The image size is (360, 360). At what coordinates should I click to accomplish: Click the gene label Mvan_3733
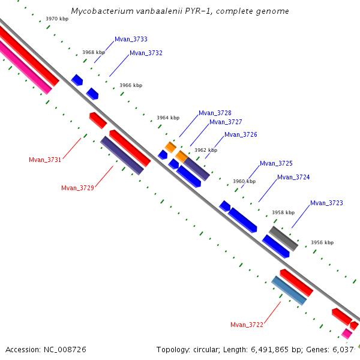pos(131,39)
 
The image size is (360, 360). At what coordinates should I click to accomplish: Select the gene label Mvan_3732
pos(146,53)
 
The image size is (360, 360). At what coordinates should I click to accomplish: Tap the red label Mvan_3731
pos(45,160)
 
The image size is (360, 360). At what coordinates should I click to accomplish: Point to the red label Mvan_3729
pos(77,188)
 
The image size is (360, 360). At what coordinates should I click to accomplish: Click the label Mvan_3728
pos(215,113)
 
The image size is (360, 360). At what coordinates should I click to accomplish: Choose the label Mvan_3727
pos(226,122)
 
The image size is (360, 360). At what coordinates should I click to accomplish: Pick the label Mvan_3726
pos(241,134)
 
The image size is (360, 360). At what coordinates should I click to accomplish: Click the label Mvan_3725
pos(276,163)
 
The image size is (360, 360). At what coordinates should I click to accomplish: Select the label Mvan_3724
pos(293,177)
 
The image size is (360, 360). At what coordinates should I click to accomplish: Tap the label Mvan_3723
pos(326,203)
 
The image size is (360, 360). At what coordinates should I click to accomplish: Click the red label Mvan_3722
pos(247,325)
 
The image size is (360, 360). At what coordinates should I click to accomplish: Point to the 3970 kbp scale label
pos(57,19)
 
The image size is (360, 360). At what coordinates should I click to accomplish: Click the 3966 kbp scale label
pos(131,85)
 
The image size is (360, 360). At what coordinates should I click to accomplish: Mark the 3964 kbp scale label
pos(168,118)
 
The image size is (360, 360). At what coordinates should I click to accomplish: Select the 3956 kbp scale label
pos(322,242)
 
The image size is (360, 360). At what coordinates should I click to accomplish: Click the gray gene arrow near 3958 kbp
pos(283,239)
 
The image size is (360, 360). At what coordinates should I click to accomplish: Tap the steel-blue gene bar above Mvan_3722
pos(289,290)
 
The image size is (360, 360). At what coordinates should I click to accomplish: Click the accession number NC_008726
pos(65,350)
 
